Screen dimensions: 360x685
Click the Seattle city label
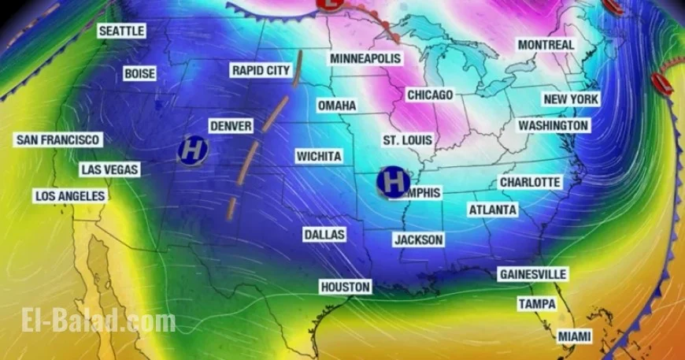122,31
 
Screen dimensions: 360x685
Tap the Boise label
139,73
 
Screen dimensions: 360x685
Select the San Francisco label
58,139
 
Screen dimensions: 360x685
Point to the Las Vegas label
109,169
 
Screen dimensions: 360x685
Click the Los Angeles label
70,195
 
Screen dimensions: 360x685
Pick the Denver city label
231,126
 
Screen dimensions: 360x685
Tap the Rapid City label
261,71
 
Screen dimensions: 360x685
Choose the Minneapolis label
365,59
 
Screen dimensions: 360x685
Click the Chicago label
430,95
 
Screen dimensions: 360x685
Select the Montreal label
546,45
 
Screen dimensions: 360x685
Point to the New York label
571,99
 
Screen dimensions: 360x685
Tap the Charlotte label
531,182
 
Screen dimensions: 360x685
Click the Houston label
345,287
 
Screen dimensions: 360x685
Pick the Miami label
574,336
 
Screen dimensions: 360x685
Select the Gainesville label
532,274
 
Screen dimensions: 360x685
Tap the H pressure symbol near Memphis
392,181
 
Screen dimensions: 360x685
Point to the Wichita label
319,157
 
